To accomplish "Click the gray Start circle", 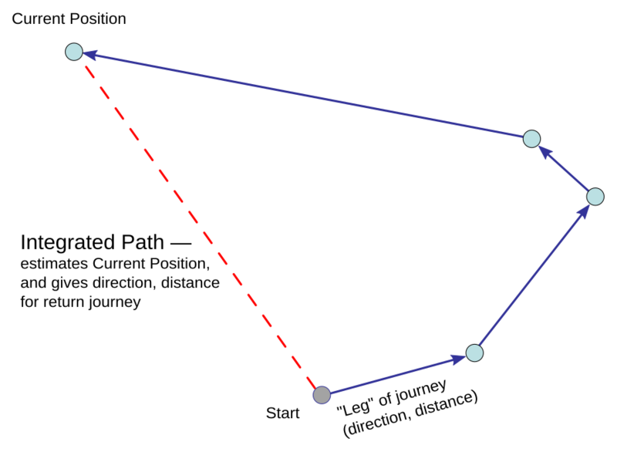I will (322, 395).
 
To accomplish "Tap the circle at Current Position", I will (73, 52).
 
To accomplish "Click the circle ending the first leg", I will (475, 353).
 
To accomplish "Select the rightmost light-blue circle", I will (595, 197).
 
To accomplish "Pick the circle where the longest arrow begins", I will (531, 139).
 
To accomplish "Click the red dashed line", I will (197, 223).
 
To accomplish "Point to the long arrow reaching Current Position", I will (301, 94).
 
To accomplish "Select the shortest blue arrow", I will (563, 167).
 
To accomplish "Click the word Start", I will (282, 413).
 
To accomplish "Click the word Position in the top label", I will (98, 19).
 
